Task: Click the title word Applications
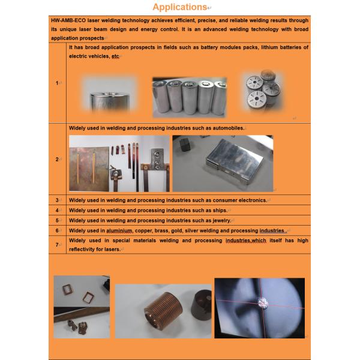click(x=179, y=7)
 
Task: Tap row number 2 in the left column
click(x=58, y=159)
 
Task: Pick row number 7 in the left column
click(x=58, y=244)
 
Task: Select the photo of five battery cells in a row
click(x=190, y=97)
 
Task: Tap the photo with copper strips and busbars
click(x=119, y=163)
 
